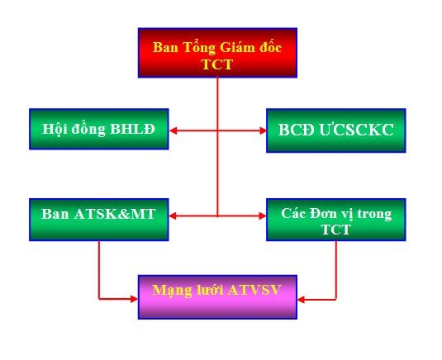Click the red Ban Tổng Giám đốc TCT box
[x=217, y=53]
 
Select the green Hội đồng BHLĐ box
[x=99, y=129]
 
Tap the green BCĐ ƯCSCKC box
[x=336, y=130]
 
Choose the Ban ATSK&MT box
[x=99, y=220]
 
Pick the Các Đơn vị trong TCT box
[x=336, y=220]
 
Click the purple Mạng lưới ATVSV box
[x=217, y=297]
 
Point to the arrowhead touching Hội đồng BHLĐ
[x=173, y=130]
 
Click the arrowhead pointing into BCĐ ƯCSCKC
[x=263, y=130]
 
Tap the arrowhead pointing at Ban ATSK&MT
[x=173, y=216]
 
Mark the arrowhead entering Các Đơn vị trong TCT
[x=263, y=216]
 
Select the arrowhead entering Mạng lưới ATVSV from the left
[x=134, y=299]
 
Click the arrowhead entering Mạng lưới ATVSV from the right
[x=302, y=300]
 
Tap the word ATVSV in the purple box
[x=254, y=290]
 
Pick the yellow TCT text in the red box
[x=217, y=64]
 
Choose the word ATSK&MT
[x=115, y=214]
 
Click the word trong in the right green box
[x=374, y=214]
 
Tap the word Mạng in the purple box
[x=170, y=291]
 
